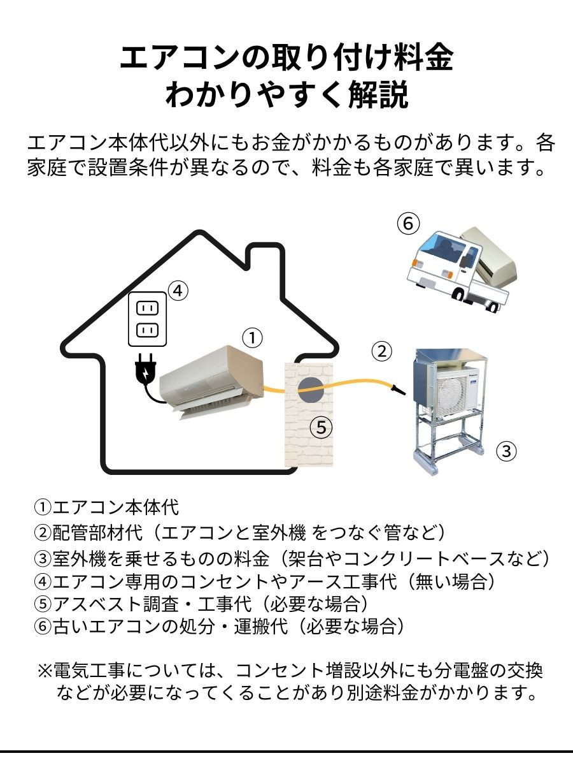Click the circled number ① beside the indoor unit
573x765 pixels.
[253, 338]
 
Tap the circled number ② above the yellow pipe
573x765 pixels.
[381, 351]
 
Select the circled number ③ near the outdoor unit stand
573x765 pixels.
[506, 451]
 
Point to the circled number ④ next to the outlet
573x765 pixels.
[178, 291]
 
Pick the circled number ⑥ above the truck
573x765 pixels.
[409, 224]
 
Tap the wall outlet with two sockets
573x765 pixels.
[147, 319]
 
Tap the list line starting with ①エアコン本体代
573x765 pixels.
[107, 508]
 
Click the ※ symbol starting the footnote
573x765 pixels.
[45, 671]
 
